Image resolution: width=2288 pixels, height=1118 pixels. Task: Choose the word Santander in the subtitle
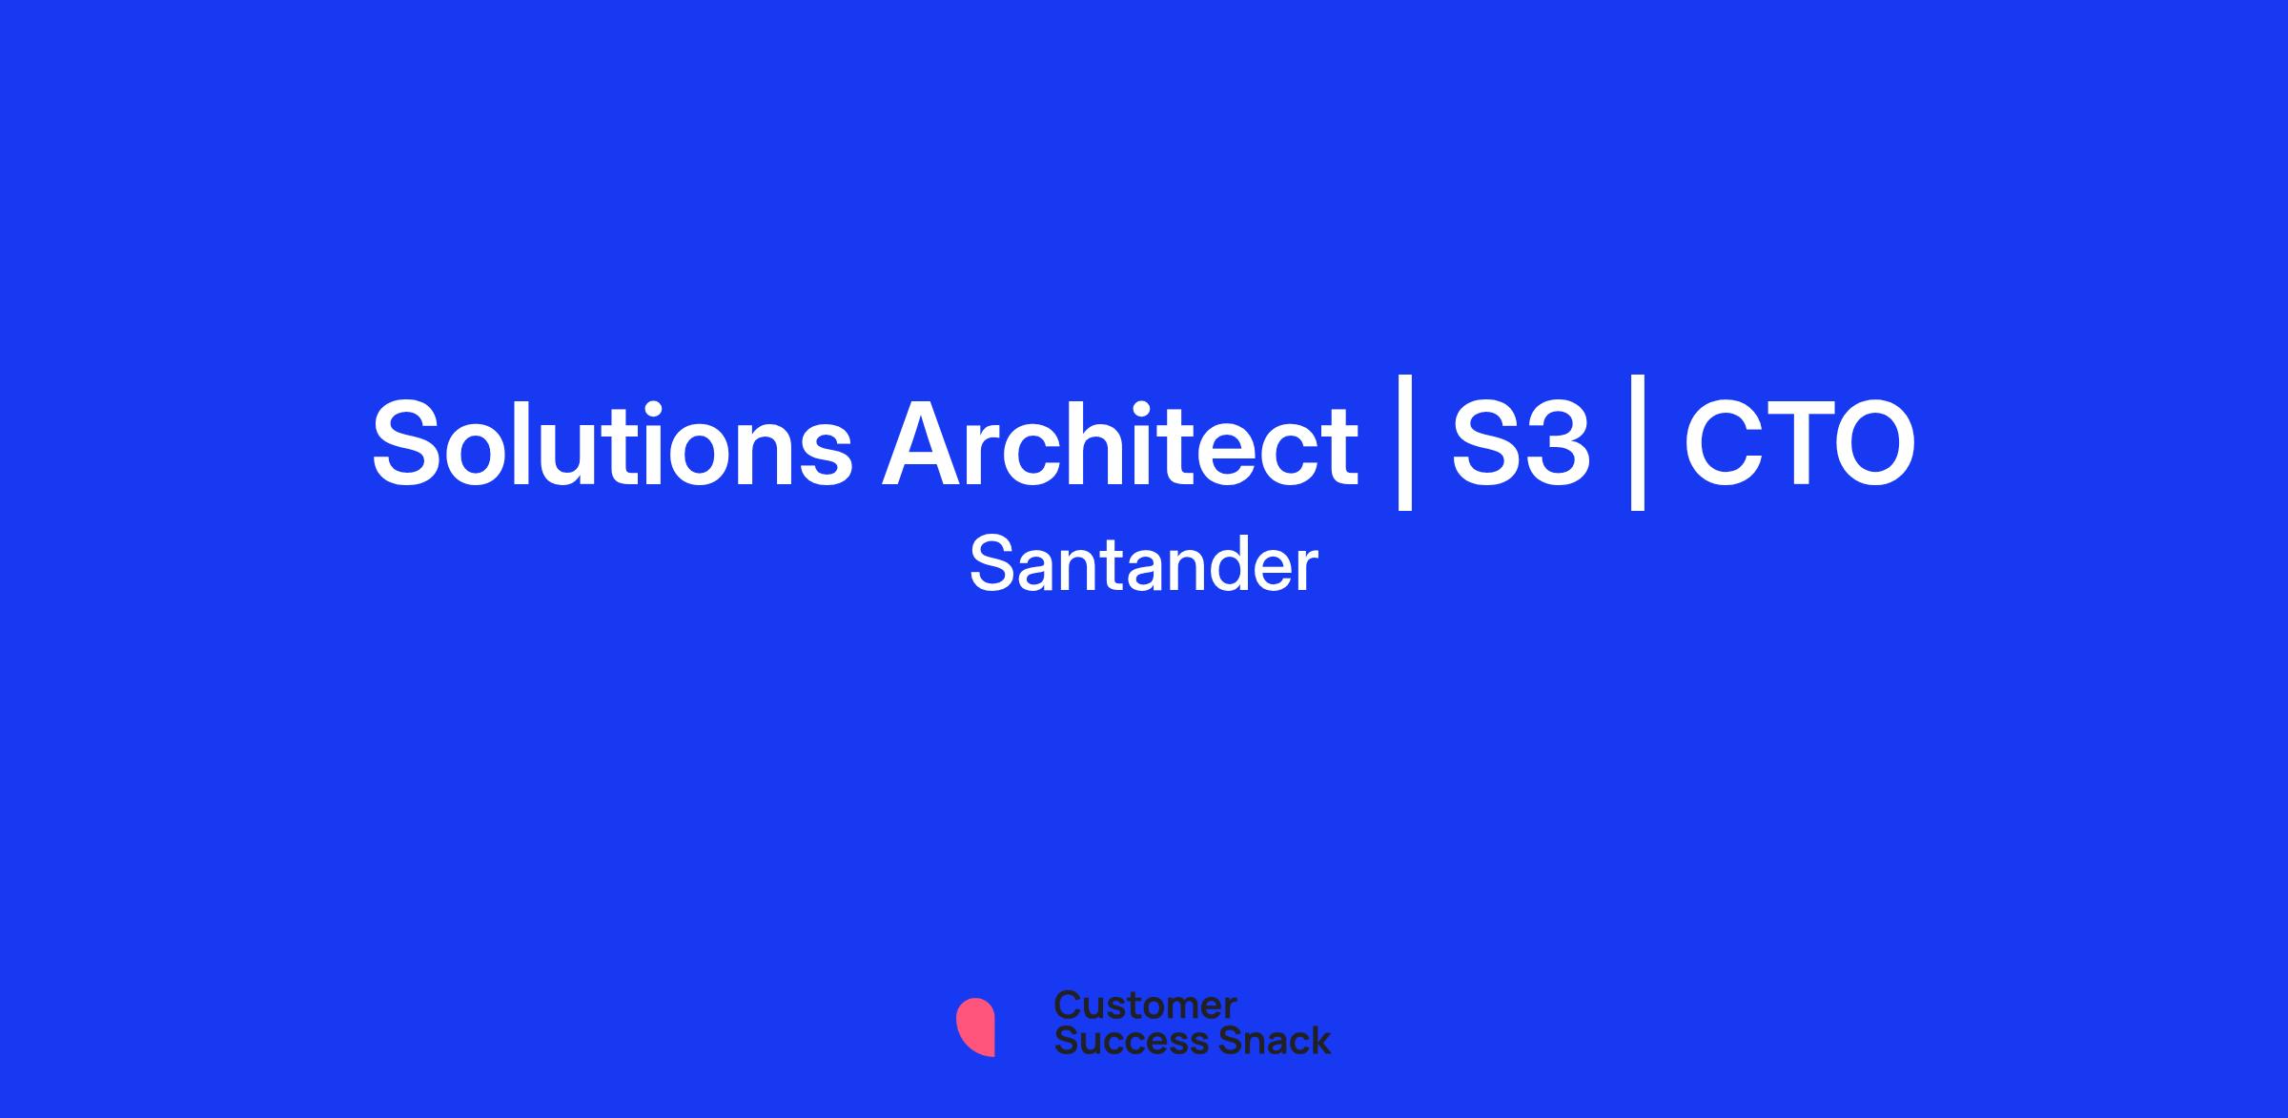1144,564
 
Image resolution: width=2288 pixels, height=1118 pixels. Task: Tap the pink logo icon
976,1027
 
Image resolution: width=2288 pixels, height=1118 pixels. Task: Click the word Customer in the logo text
1146,1006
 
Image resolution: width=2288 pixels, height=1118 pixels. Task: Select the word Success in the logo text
1119,1040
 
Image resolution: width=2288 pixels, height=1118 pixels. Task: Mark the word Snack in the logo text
1262,1040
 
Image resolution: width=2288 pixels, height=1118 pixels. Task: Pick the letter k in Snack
1319,1040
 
